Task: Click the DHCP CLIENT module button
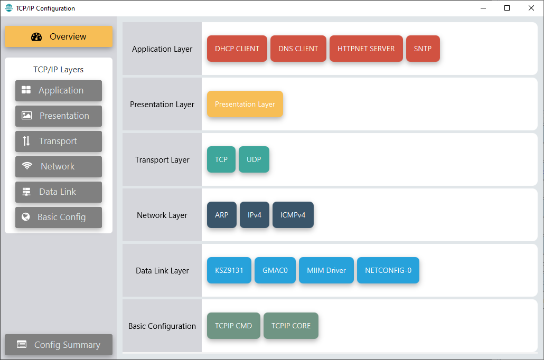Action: (x=237, y=49)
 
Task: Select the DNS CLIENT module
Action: (x=298, y=49)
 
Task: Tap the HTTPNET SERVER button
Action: (x=366, y=49)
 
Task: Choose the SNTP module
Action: (x=423, y=49)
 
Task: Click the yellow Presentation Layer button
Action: (x=245, y=104)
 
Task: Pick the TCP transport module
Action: (x=221, y=159)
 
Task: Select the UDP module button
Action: (x=254, y=159)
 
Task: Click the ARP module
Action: (x=221, y=215)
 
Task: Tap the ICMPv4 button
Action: (x=293, y=215)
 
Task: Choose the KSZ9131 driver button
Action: (x=229, y=270)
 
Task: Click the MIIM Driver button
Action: (x=326, y=270)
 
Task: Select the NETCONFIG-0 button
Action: (x=388, y=270)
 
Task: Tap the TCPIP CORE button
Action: (x=290, y=326)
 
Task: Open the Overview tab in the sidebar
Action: (x=59, y=36)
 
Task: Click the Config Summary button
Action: (x=59, y=345)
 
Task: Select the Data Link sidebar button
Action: (x=59, y=192)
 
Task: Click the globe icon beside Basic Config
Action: (x=26, y=217)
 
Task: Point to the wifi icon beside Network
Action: (x=27, y=166)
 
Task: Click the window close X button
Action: (x=531, y=8)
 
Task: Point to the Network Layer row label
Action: (x=162, y=215)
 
